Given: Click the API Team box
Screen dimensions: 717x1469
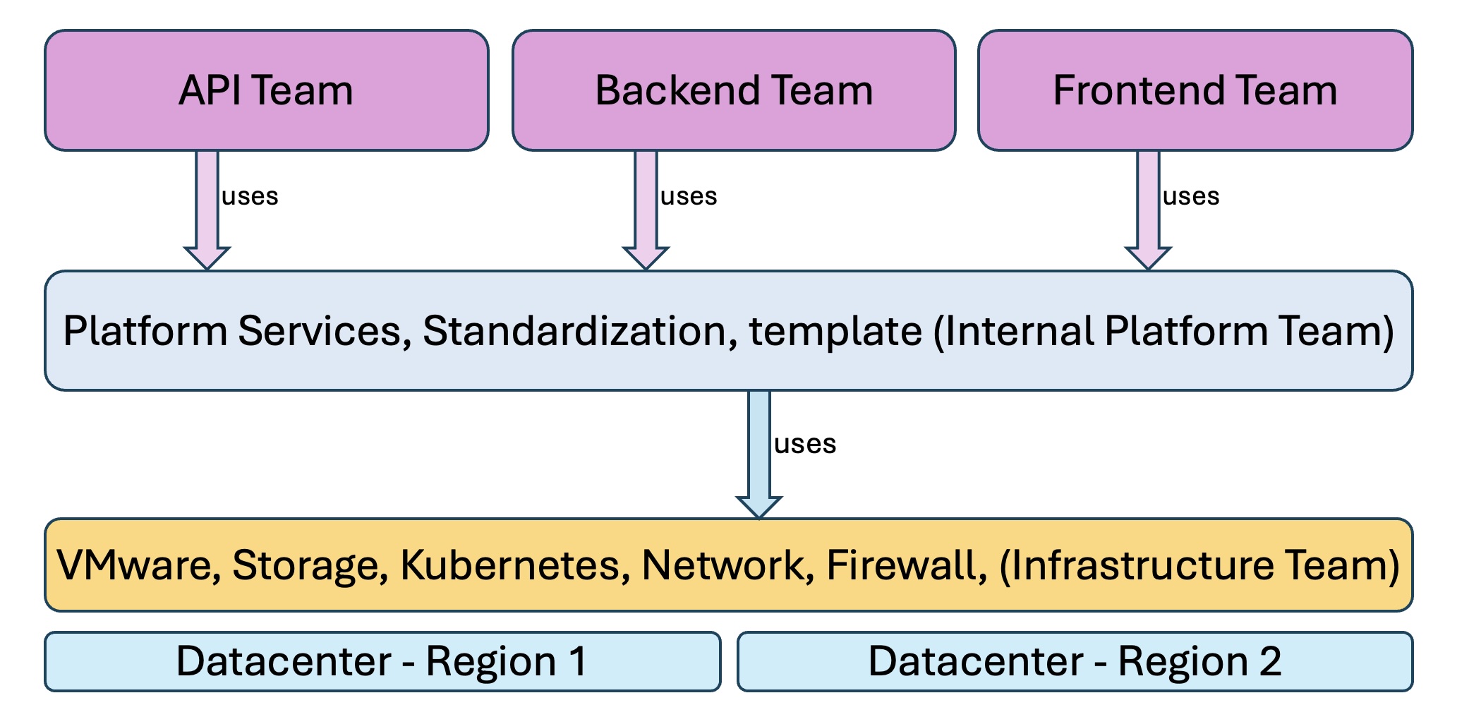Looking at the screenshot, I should click(266, 90).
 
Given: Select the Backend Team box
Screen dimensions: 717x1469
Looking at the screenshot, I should click(734, 90).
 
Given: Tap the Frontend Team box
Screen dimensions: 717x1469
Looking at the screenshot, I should click(1195, 90).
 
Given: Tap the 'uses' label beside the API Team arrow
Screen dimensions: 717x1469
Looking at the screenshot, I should click(250, 196).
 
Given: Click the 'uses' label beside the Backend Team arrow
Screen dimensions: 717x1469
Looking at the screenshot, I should click(689, 196).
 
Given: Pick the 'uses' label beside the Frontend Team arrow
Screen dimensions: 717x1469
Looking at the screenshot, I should click(1191, 196).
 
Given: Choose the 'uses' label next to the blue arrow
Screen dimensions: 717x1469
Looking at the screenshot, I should click(805, 444).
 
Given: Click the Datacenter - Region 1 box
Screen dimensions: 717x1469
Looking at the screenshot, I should click(382, 661).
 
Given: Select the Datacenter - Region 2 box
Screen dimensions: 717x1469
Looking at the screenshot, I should click(1075, 661).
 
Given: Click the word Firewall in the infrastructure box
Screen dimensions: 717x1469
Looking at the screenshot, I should click(905, 565).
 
